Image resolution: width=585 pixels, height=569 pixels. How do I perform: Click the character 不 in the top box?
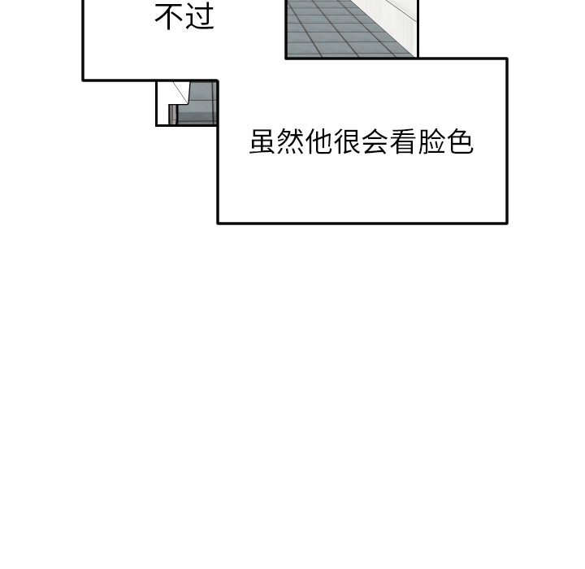pos(169,17)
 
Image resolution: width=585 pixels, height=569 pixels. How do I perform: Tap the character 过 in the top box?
pos(200,17)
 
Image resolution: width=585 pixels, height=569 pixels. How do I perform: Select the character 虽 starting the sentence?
pos(262,143)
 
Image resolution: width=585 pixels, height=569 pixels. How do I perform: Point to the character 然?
pos(291,143)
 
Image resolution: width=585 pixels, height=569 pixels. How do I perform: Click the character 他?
pos(319,143)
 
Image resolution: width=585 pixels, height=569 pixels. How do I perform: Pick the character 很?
pos(348,143)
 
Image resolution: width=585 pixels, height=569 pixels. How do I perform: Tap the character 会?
pos(376,143)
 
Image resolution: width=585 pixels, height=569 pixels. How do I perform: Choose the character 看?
pos(404,143)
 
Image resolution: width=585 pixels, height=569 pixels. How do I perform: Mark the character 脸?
pos(432,143)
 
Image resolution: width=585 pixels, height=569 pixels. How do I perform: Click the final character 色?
pos(461,143)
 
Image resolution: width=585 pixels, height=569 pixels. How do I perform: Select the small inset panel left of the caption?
pos(187,103)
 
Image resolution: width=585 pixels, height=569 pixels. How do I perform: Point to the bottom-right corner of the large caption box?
pos(506,222)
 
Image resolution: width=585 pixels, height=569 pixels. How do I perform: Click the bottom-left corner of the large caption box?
pos(219,222)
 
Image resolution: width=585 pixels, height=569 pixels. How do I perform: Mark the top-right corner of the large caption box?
pos(506,59)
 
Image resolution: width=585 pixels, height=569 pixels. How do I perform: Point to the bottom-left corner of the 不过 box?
pos(84,80)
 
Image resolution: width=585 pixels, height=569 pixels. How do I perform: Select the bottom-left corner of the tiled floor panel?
pos(287,58)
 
